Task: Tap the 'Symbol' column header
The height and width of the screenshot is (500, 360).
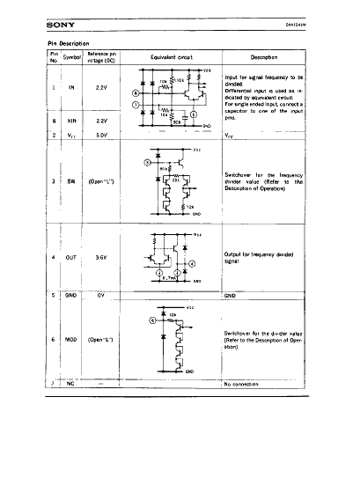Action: tap(71, 56)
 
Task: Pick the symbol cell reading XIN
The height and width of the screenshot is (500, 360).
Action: tap(71, 121)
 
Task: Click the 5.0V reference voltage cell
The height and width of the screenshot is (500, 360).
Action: tap(101, 135)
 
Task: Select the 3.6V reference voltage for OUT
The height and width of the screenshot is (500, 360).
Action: tap(101, 257)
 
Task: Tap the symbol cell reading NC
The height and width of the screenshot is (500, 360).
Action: tap(71, 385)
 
